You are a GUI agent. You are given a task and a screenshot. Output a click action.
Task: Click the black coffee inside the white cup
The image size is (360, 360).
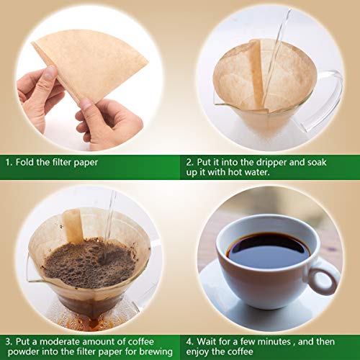pos(267,249)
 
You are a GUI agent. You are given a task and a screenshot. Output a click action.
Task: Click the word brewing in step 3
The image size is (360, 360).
pos(154,351)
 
